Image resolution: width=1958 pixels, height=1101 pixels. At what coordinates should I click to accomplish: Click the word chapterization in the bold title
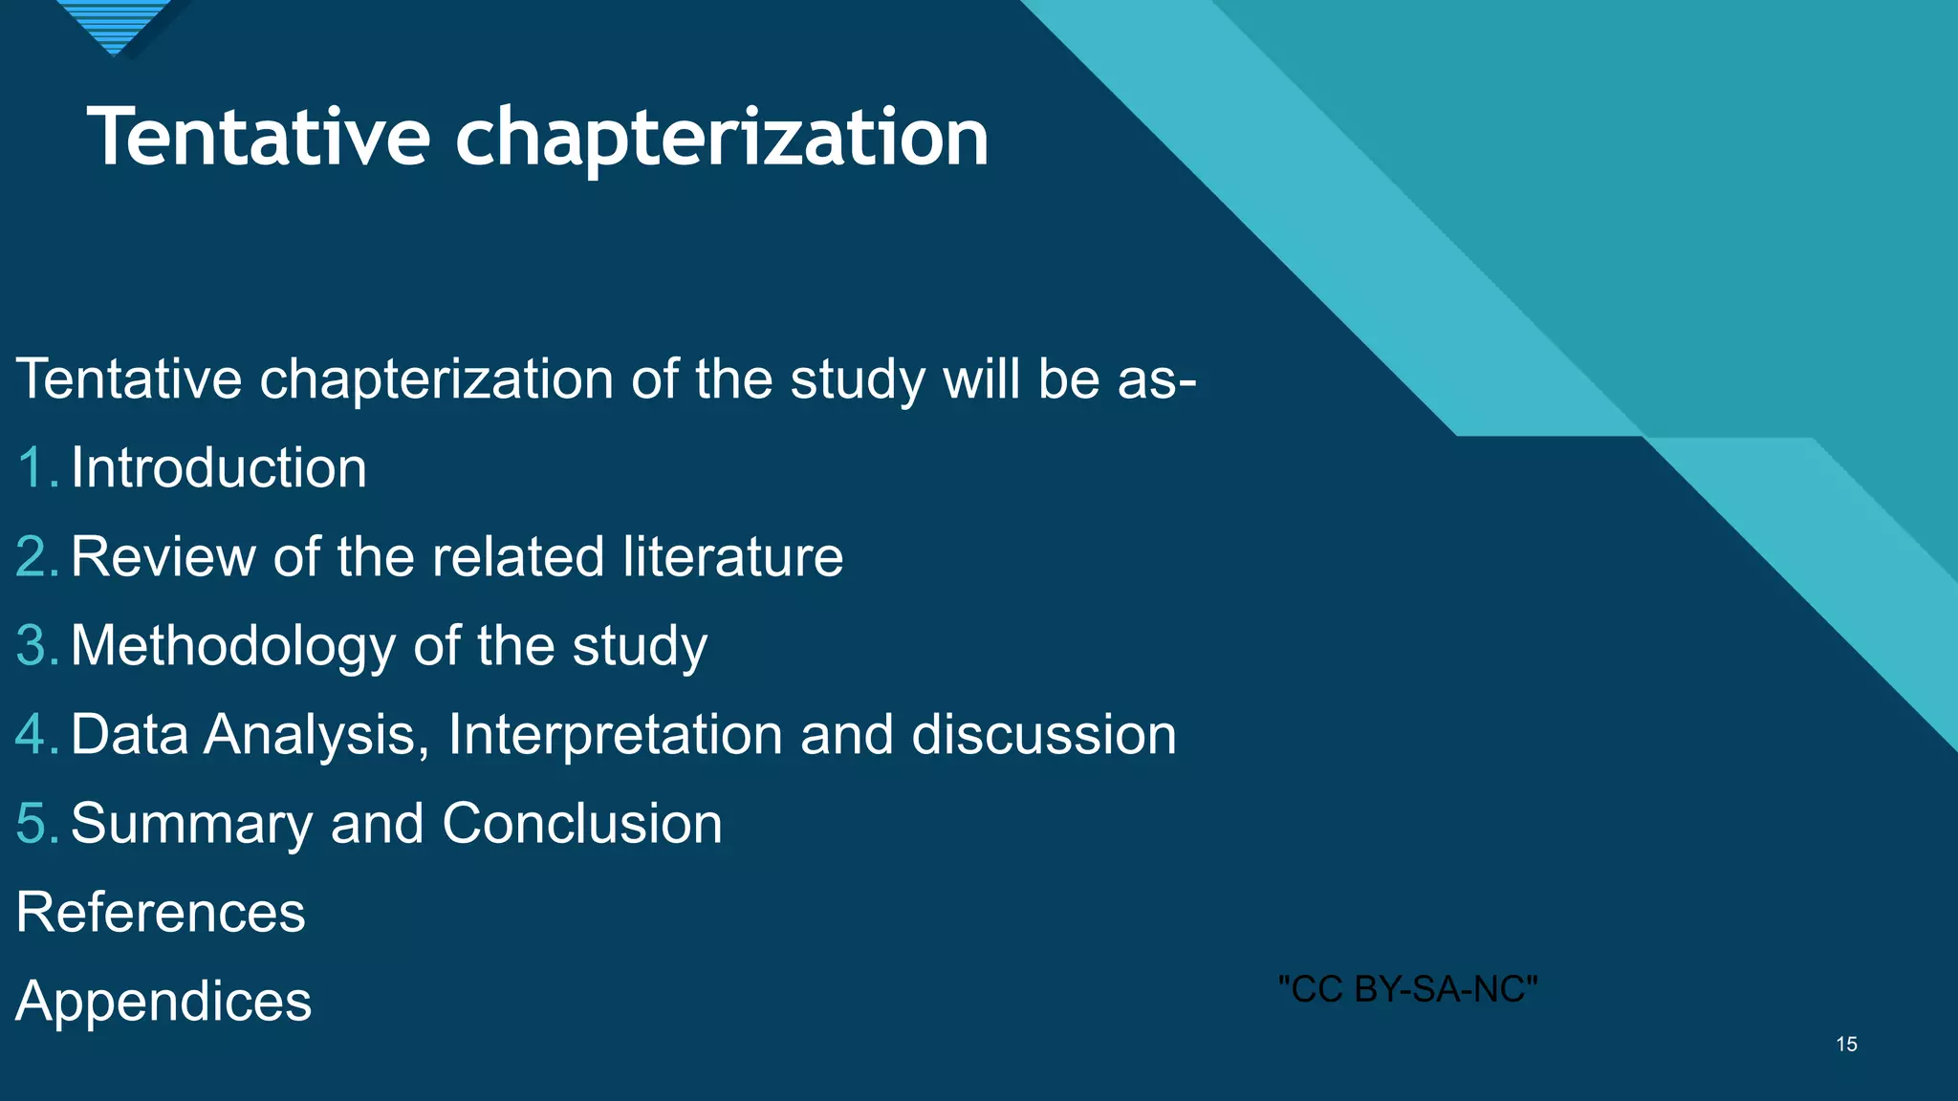click(722, 139)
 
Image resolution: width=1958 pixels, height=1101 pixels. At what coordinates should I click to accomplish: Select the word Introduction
click(219, 468)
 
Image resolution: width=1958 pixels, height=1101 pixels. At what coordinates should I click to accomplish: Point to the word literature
click(732, 557)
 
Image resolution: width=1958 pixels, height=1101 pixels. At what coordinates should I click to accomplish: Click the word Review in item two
click(163, 557)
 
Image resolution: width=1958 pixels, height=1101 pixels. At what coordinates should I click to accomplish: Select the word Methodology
click(232, 646)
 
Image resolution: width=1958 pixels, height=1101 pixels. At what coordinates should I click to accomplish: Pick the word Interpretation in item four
click(615, 735)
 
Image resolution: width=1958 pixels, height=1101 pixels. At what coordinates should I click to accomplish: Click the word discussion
click(1043, 735)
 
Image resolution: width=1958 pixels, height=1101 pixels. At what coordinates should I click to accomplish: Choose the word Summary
click(191, 824)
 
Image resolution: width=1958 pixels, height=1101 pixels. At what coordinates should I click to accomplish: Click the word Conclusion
click(581, 824)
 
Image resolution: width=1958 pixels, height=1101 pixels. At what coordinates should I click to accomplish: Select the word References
click(161, 913)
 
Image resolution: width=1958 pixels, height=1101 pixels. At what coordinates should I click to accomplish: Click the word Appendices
click(163, 1002)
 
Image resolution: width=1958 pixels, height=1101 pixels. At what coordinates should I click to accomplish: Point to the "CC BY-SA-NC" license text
click(1407, 989)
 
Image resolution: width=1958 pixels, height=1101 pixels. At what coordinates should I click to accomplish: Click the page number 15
click(1846, 1045)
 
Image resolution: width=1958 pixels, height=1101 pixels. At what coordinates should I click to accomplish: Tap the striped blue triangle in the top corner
click(115, 21)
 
